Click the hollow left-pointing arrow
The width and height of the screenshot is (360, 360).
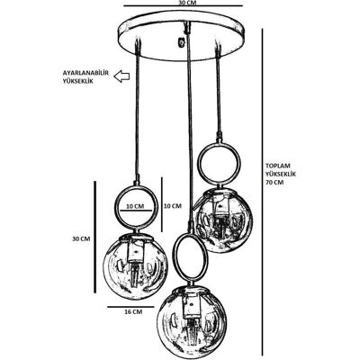[121, 76]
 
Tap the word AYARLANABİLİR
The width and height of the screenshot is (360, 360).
[85, 73]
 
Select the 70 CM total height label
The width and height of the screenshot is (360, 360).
[274, 182]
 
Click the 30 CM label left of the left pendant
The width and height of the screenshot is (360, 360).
[81, 238]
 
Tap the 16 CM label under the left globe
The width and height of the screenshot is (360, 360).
[133, 312]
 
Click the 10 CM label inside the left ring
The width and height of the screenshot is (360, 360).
[135, 206]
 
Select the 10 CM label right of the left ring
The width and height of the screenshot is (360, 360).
[173, 206]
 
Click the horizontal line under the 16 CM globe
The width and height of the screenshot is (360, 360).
[130, 307]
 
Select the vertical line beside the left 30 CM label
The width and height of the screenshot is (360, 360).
[95, 237]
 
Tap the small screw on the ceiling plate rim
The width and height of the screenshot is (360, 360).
[181, 42]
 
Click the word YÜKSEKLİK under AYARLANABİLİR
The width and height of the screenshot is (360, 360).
[77, 81]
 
